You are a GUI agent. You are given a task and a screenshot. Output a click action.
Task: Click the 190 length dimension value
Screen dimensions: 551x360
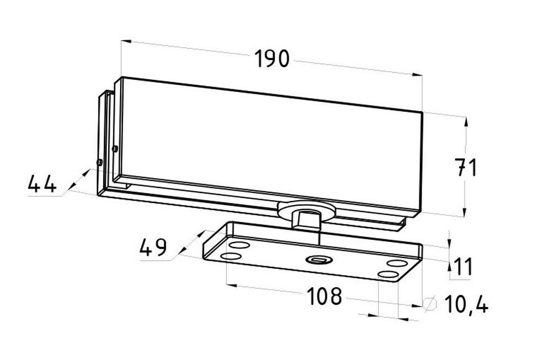[x=272, y=58]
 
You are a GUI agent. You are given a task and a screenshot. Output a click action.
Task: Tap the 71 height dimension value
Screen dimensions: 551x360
[x=466, y=168]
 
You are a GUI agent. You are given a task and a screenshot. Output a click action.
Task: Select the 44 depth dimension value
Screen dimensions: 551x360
[x=42, y=184]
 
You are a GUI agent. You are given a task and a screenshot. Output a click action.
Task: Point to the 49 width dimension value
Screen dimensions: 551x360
[x=153, y=247]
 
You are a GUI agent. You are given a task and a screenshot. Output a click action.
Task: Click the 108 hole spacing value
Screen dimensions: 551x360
[x=324, y=295]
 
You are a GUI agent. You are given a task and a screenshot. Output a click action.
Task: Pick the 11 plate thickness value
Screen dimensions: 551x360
[x=464, y=266]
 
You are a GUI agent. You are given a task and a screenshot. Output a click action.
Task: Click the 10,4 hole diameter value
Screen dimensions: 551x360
[x=466, y=304]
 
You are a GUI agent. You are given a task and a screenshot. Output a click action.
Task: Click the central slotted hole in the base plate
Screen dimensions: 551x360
[x=319, y=260]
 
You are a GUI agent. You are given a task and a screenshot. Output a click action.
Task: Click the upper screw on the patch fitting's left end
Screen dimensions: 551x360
[x=115, y=149]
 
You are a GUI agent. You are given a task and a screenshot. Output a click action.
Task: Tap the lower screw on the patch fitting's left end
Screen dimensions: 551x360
[x=99, y=163]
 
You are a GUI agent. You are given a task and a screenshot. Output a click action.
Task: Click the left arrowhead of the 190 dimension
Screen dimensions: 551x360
[x=126, y=41]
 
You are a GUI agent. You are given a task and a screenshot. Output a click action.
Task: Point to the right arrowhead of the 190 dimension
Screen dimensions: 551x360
[x=417, y=74]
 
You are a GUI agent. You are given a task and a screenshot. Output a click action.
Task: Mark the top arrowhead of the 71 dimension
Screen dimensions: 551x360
[x=466, y=122]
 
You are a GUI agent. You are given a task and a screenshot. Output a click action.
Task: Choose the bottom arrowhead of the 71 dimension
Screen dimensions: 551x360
[x=464, y=212]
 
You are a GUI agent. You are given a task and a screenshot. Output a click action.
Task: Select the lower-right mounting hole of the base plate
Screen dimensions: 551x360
[x=389, y=275]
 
